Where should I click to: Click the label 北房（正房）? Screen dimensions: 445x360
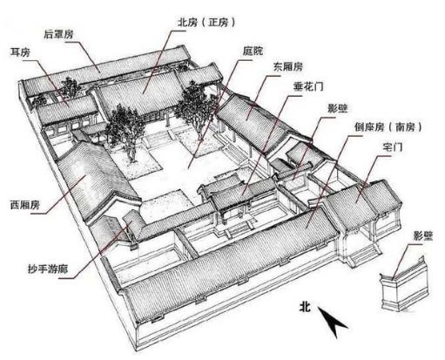click(x=206, y=23)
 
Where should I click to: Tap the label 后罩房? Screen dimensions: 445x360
click(x=58, y=34)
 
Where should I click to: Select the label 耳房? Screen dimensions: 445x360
click(x=20, y=52)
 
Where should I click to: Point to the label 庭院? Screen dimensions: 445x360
click(x=253, y=51)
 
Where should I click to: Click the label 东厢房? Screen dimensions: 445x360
click(x=288, y=67)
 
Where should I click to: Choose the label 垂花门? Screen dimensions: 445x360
click(x=308, y=86)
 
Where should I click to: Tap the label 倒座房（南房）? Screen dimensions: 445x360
click(x=388, y=127)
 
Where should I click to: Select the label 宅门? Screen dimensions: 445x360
click(x=393, y=147)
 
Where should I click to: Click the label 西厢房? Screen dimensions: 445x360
click(x=24, y=205)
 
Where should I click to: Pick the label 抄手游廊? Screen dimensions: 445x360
click(x=48, y=268)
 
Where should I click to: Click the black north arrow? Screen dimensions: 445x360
click(x=333, y=322)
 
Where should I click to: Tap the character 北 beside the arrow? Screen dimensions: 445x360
click(x=305, y=307)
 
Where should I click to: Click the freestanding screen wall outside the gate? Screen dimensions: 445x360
click(x=405, y=285)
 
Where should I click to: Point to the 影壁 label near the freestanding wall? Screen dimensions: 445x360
click(x=423, y=236)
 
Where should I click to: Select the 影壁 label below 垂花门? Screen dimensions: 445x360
click(x=338, y=108)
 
